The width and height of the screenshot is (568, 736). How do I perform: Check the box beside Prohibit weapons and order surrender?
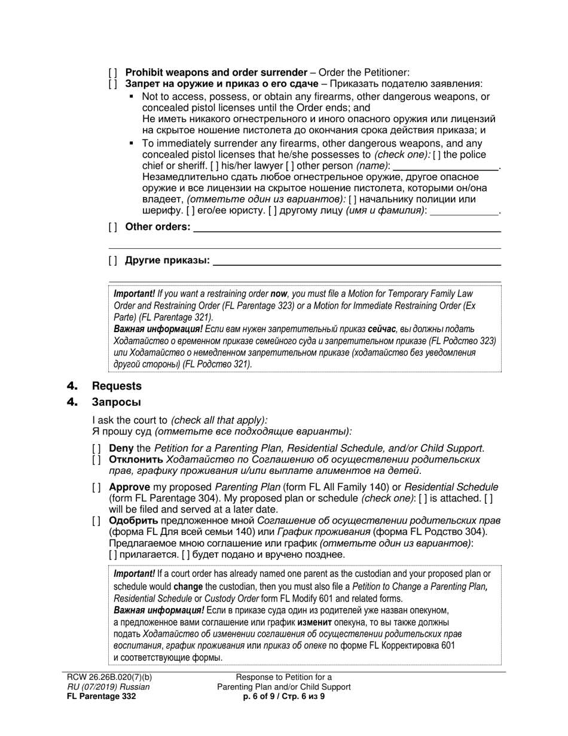113,72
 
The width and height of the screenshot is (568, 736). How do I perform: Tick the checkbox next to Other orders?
113,227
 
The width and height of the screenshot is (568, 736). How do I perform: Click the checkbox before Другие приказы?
113,260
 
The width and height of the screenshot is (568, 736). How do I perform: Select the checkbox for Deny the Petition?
96,448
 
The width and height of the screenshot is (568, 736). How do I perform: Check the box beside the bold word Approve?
96,487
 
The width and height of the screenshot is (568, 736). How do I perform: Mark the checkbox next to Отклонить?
96,460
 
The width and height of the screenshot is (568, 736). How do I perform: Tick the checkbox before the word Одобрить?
96,521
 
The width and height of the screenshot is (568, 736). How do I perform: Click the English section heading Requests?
117,386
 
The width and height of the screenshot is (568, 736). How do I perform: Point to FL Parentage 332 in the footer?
100,697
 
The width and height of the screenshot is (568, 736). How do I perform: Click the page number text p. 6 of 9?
262,697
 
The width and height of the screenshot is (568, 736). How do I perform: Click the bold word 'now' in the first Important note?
279,294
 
